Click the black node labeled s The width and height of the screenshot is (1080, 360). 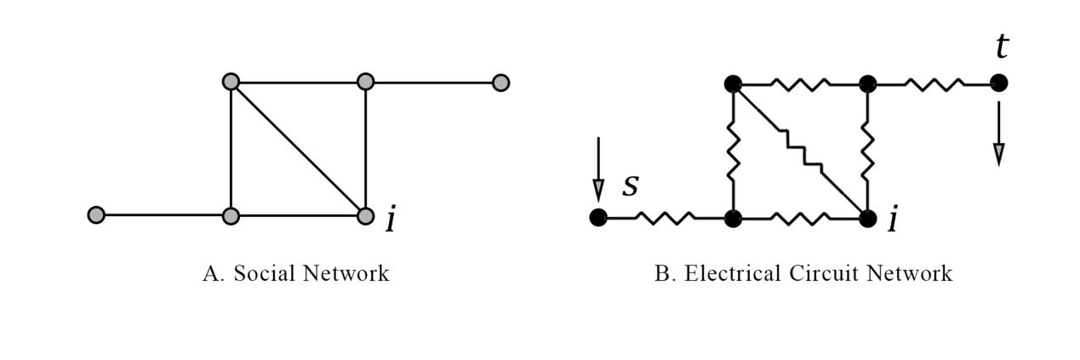click(x=598, y=217)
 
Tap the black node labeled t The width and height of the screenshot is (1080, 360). click(x=999, y=83)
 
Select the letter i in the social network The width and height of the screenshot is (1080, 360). click(x=391, y=220)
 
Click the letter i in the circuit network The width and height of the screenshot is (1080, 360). click(x=892, y=220)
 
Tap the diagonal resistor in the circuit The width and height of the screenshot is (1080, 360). click(x=800, y=151)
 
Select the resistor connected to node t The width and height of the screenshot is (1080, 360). click(x=934, y=83)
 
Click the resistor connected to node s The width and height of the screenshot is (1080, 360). click(x=665, y=218)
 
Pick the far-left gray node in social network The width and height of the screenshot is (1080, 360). click(x=96, y=214)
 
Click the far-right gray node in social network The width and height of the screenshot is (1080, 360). click(x=500, y=83)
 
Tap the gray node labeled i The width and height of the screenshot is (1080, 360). click(x=365, y=215)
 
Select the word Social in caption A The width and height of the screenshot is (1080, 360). click(x=262, y=273)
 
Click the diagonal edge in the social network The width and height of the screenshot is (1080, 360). click(x=298, y=149)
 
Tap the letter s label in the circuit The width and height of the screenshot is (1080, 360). click(x=630, y=186)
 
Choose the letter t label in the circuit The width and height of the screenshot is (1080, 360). click(x=1002, y=47)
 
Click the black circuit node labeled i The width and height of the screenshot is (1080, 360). click(x=867, y=218)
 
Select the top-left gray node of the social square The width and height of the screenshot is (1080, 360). click(x=231, y=83)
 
